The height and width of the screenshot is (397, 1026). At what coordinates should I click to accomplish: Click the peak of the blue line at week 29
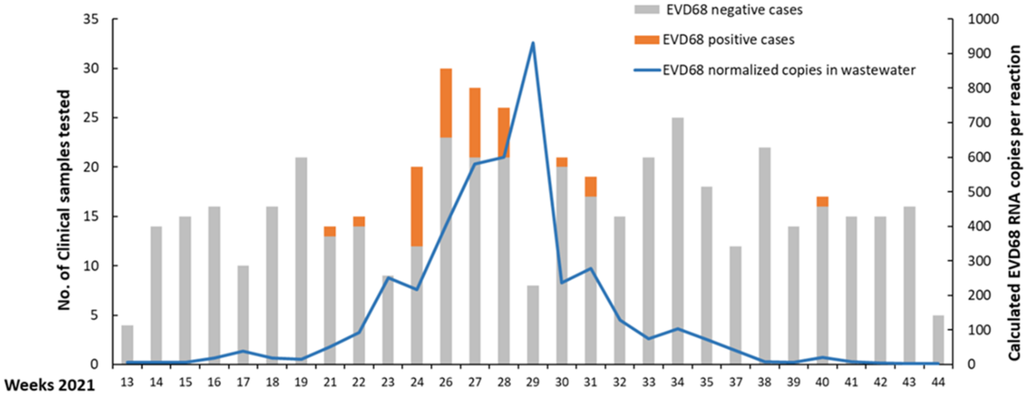533,43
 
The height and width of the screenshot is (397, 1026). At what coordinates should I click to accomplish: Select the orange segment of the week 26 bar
446,103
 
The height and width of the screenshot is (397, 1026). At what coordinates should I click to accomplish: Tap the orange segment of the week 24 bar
417,206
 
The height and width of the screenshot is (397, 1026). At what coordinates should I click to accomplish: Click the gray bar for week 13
127,345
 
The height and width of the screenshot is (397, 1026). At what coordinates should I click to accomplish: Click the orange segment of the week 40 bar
822,201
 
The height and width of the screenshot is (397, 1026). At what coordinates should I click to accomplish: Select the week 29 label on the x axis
533,382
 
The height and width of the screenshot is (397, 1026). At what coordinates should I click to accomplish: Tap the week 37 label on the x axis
736,382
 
